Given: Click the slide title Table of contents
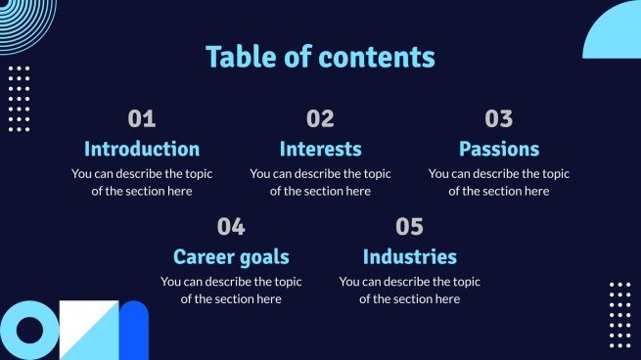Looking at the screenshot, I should click(x=320, y=57).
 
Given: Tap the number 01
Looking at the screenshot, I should click(x=142, y=119).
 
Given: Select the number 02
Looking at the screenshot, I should click(x=320, y=119).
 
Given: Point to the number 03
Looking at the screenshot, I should click(x=499, y=119).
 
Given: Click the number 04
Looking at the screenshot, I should click(x=231, y=227).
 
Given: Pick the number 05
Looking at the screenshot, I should click(x=409, y=227).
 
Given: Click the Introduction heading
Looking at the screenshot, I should click(x=142, y=150).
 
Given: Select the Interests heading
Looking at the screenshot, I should click(x=320, y=150).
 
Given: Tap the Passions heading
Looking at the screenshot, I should click(x=499, y=150).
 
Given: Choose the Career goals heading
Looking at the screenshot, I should click(x=231, y=257).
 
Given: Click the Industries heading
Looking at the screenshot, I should click(x=409, y=257).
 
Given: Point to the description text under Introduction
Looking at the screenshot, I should click(x=142, y=182).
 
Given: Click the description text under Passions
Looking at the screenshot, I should click(x=499, y=182).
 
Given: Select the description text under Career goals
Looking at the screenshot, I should click(x=231, y=290).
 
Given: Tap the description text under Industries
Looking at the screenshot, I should click(x=409, y=290).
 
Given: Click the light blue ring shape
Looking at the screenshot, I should click(x=26, y=331).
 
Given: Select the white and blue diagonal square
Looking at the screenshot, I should click(x=88, y=331).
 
